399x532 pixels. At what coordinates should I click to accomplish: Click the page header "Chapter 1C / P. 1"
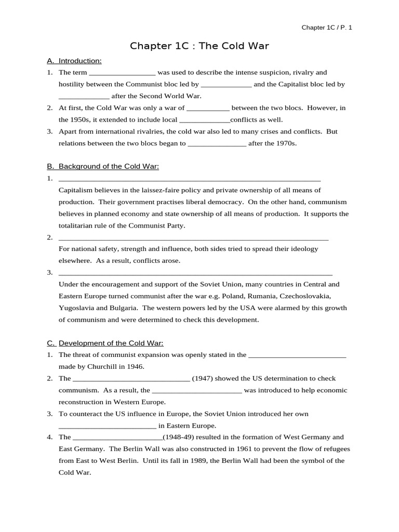pyautogui.click(x=327, y=28)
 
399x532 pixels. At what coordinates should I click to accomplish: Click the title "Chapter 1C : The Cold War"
pyautogui.click(x=199, y=46)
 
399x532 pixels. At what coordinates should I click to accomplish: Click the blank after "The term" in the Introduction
pyautogui.click(x=122, y=73)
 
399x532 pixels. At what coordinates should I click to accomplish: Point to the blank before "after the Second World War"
pyautogui.click(x=84, y=97)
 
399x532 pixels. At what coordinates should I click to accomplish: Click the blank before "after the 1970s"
pyautogui.click(x=217, y=144)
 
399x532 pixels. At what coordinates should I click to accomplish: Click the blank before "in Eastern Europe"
pyautogui.click(x=107, y=426)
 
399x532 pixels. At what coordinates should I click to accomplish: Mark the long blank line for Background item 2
pyautogui.click(x=193, y=238)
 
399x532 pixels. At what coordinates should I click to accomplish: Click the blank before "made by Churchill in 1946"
pyautogui.click(x=297, y=355)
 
